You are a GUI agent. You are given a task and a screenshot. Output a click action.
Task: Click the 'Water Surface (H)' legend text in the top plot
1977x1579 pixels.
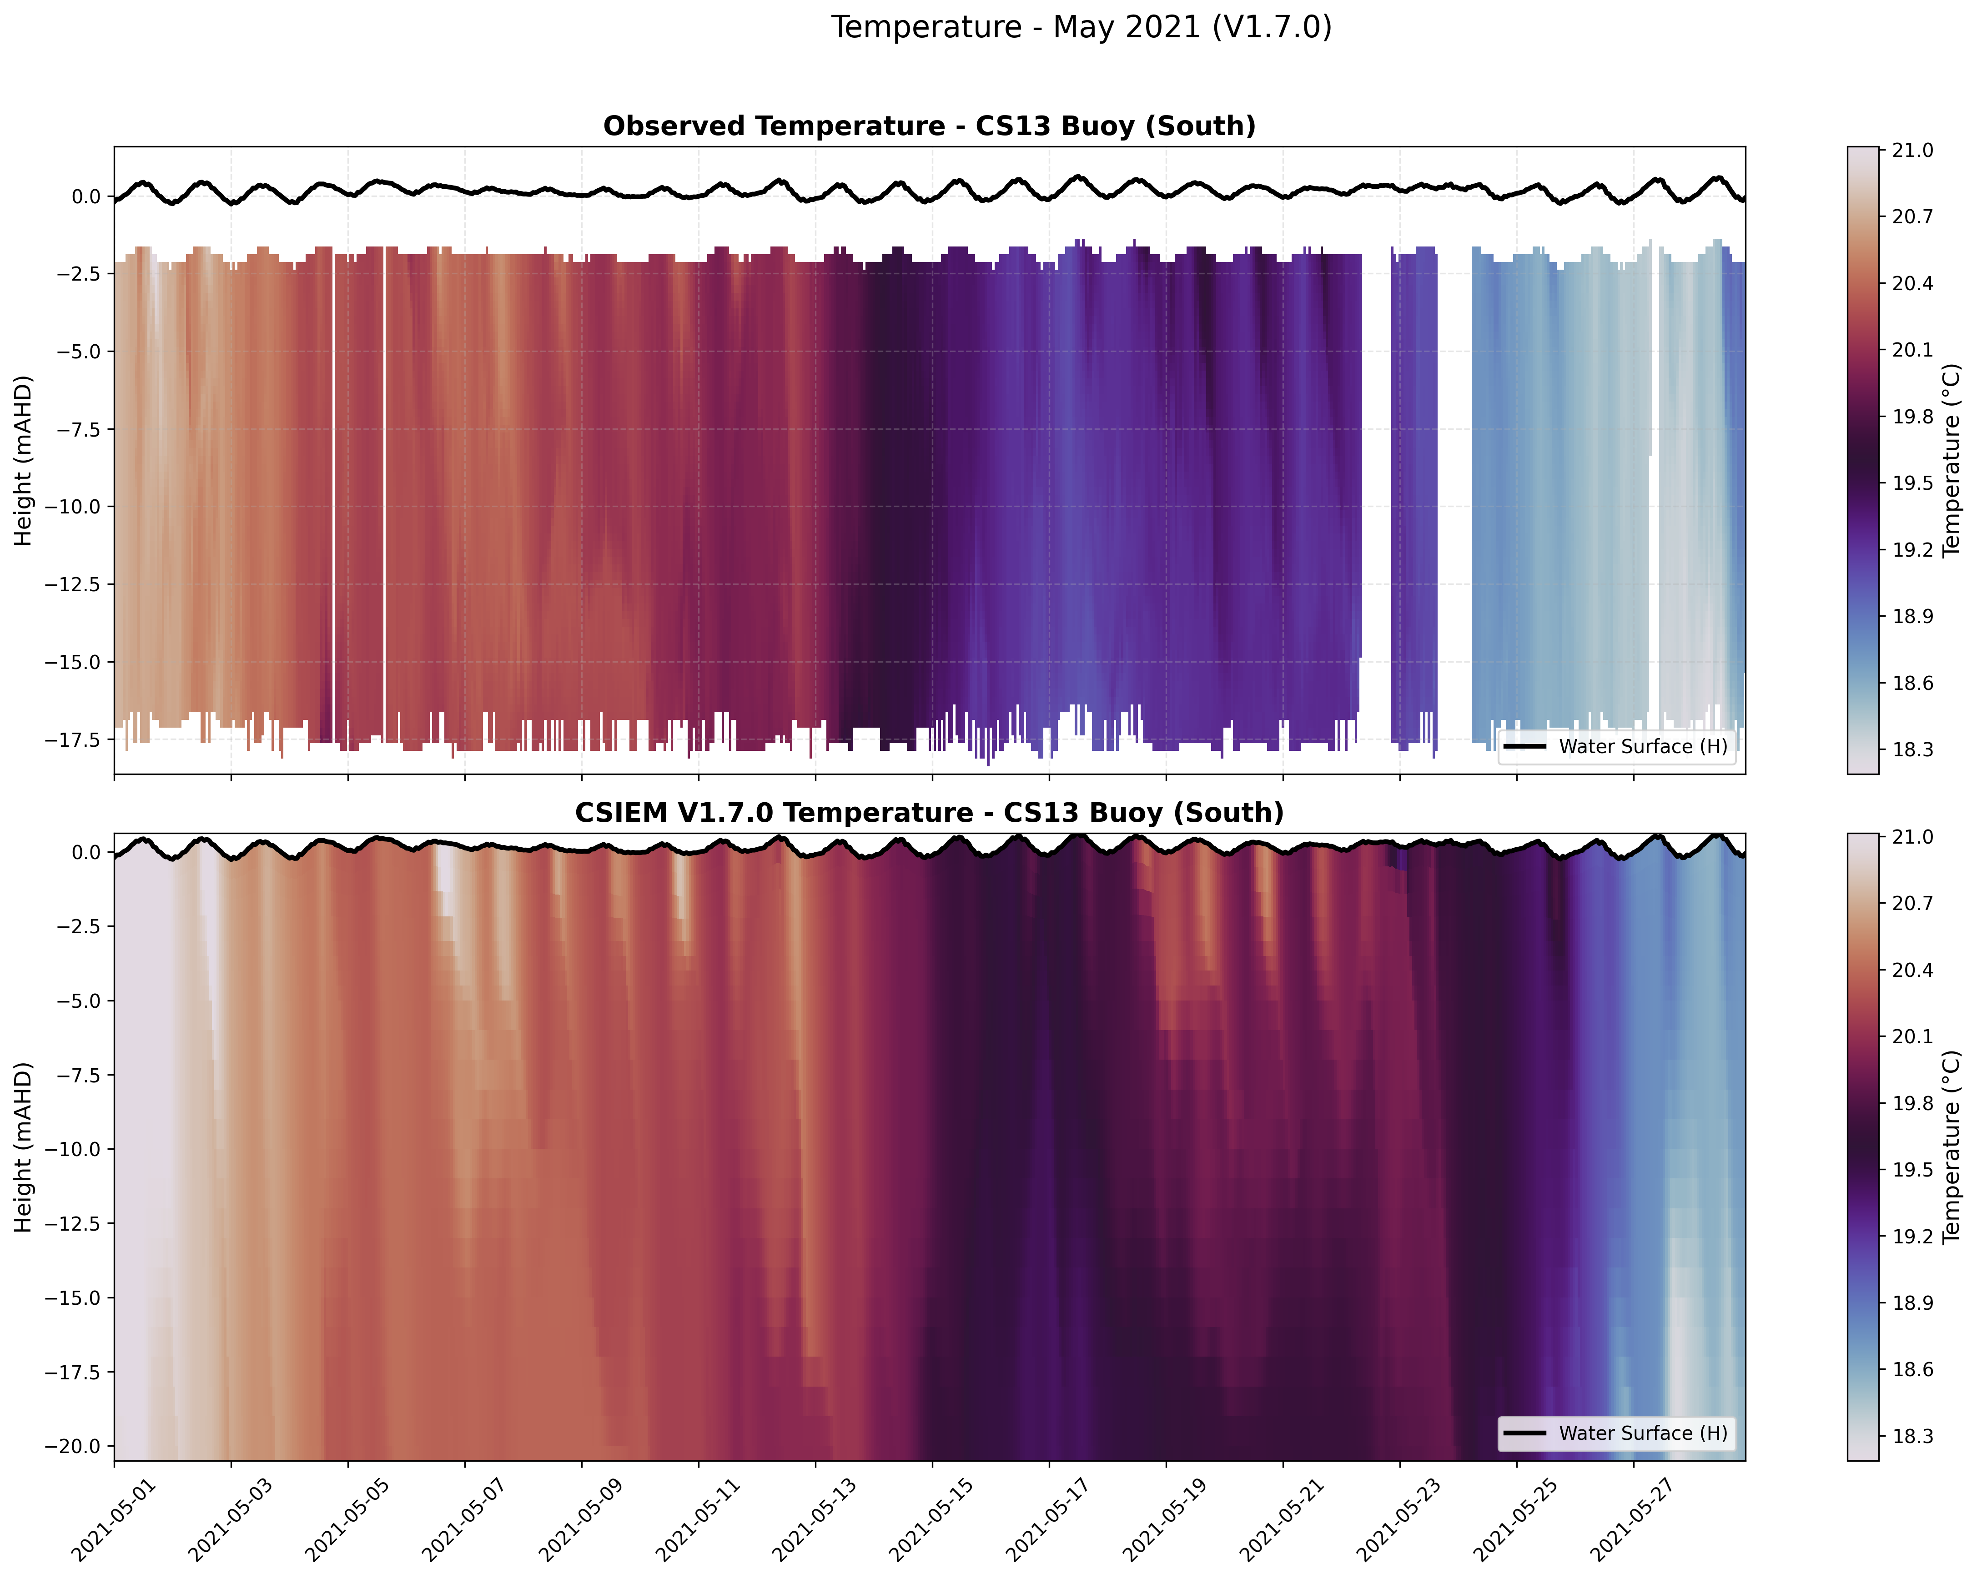1642,746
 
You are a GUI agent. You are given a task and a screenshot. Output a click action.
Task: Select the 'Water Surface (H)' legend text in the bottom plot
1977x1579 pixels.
1642,1433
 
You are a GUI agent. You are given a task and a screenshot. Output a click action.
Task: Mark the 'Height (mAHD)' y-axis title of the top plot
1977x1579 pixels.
24,460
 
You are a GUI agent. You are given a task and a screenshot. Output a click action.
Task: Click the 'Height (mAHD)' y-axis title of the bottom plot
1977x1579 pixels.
24,1147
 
